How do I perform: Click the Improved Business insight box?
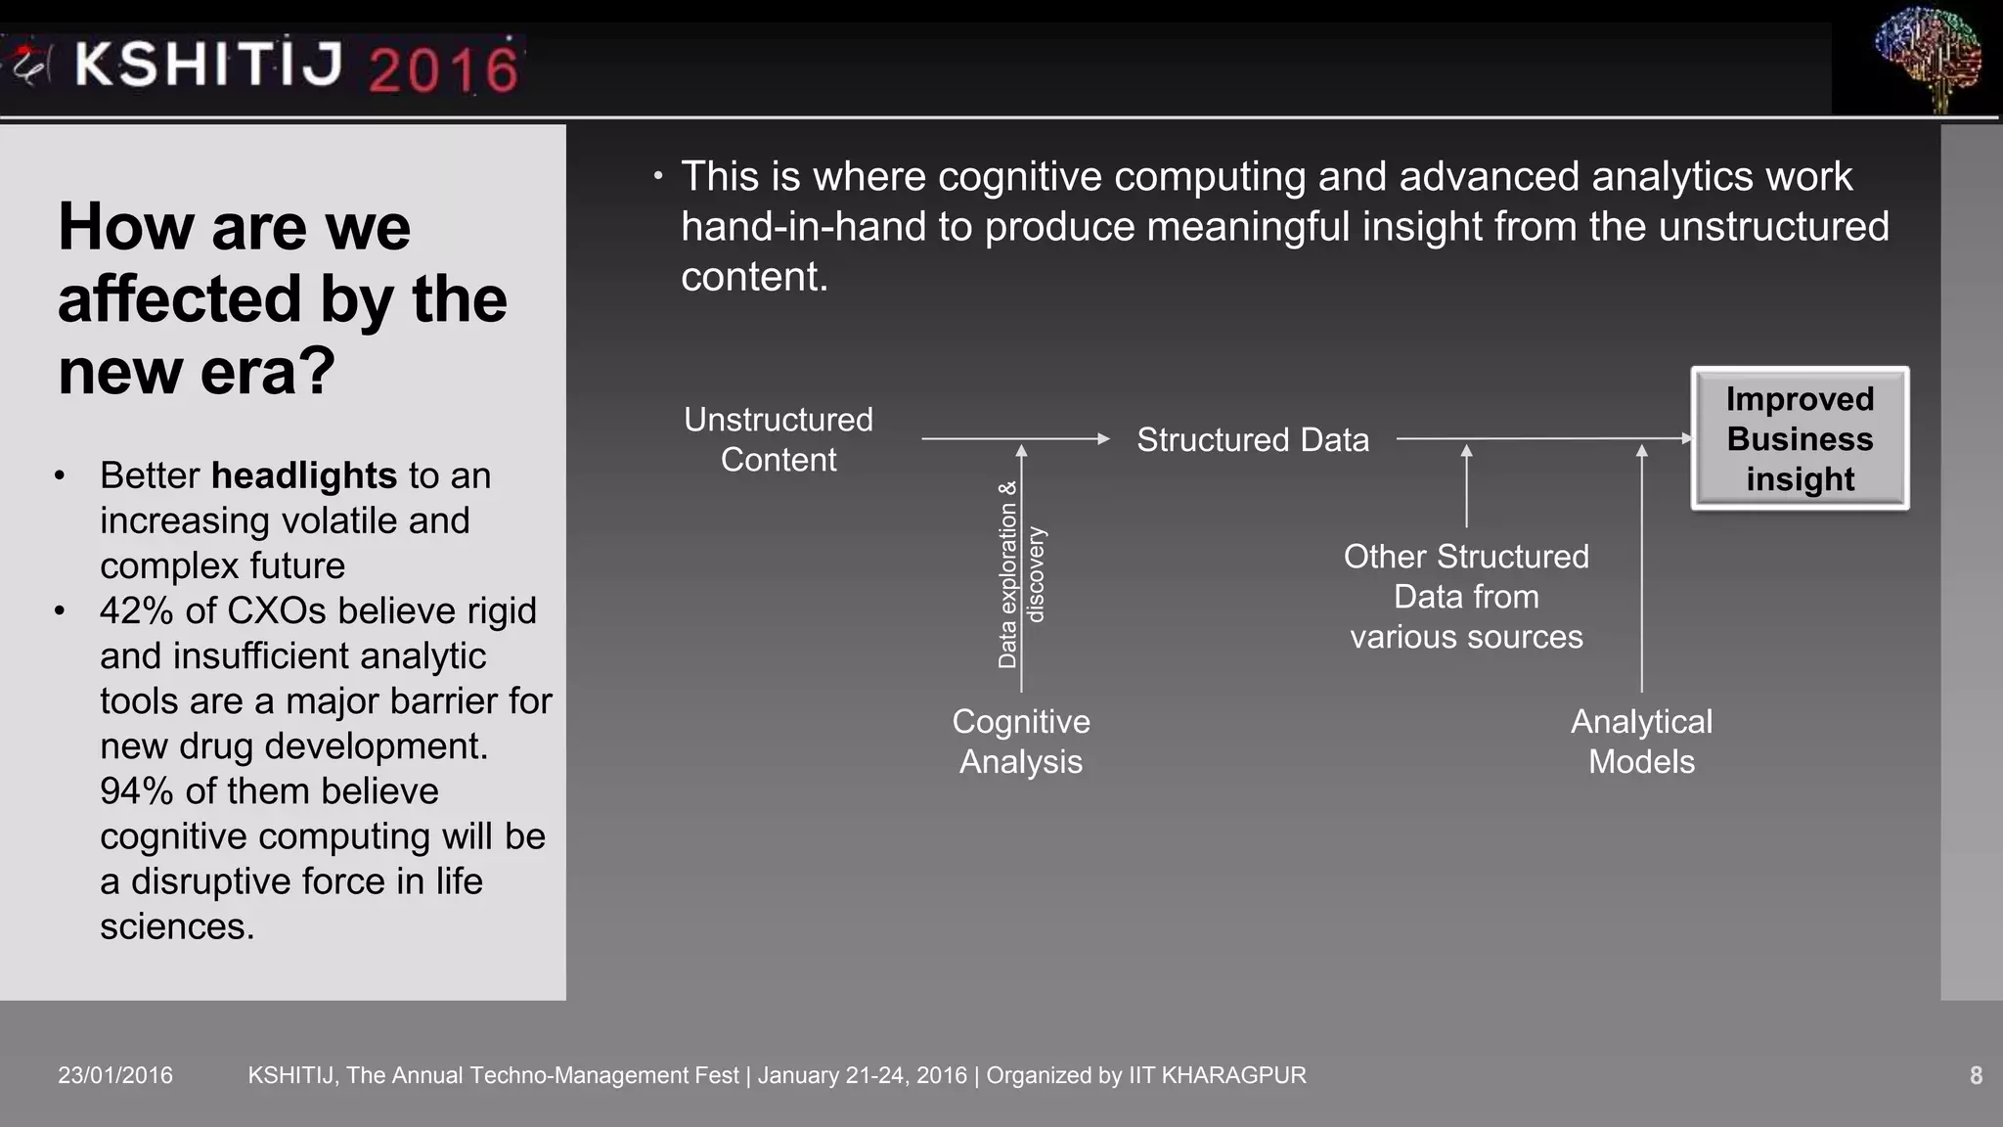(x=1800, y=438)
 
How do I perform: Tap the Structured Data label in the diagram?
(x=1252, y=440)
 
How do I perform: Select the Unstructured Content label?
(x=779, y=439)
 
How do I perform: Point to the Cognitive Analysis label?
(x=1021, y=742)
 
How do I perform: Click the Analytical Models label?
(x=1641, y=742)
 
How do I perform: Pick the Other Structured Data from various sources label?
(x=1466, y=597)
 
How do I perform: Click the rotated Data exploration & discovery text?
(x=1021, y=575)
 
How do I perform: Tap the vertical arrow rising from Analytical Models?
(x=1641, y=567)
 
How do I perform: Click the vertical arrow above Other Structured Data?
(x=1466, y=486)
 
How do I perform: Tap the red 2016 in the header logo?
(x=443, y=68)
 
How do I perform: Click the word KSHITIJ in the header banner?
(x=208, y=65)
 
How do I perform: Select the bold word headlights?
(x=304, y=475)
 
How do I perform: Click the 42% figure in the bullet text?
(x=137, y=610)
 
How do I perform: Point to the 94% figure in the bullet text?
(x=137, y=790)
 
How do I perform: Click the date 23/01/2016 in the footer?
(x=115, y=1075)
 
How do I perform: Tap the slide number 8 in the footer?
(x=1976, y=1075)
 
